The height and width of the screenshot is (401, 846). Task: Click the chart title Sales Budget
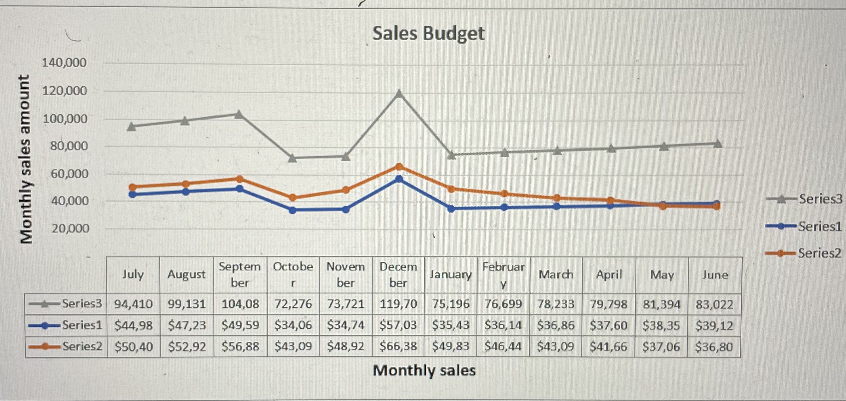coord(428,34)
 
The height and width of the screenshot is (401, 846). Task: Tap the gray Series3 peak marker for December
coord(399,93)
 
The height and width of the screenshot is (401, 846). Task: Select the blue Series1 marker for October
coord(293,210)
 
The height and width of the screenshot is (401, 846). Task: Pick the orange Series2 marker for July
coord(133,187)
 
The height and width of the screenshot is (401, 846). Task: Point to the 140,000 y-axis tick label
coord(64,63)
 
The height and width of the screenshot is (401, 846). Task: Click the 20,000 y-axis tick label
coord(70,228)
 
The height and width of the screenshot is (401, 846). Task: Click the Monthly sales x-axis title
coord(424,371)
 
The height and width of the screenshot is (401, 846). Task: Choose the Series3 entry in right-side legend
coord(820,199)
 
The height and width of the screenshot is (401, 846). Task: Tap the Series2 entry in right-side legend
coord(819,253)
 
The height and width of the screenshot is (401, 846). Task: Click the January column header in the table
coord(450,274)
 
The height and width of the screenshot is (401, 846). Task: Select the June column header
coord(715,274)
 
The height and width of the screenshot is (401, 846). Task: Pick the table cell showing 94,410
coord(133,304)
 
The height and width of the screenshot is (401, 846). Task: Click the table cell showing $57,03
coord(398,325)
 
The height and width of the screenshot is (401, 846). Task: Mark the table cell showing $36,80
coord(714,347)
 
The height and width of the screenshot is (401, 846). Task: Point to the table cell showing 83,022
coord(714,304)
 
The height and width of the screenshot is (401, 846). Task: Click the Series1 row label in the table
coord(82,325)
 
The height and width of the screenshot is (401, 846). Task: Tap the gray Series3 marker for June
coord(717,143)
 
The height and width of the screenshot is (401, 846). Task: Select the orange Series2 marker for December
coord(399,167)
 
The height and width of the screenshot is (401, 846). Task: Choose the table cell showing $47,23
coord(187,325)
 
